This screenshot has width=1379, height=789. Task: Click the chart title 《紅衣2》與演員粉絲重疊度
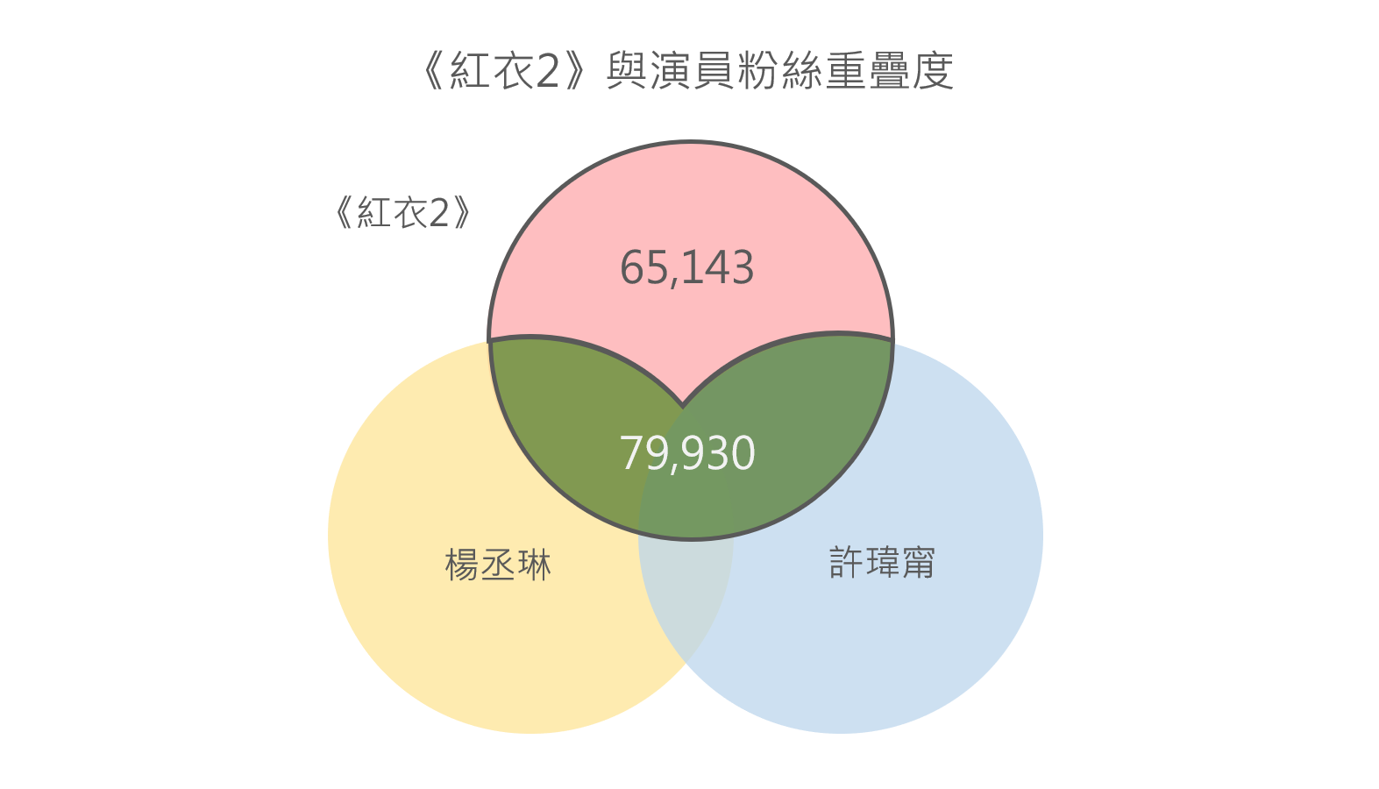click(x=688, y=71)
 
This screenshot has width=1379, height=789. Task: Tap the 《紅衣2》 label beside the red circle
click(x=403, y=213)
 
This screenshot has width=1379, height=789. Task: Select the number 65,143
click(x=686, y=267)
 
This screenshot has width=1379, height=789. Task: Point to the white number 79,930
click(x=687, y=453)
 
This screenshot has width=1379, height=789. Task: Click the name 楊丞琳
click(x=498, y=565)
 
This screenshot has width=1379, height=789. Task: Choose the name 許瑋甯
click(x=882, y=562)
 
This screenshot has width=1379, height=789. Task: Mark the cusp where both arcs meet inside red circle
click(x=683, y=406)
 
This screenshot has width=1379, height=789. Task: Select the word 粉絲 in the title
click(x=779, y=71)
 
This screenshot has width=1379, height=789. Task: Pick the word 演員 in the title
click(x=692, y=71)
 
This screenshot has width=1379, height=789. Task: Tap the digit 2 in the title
click(x=547, y=71)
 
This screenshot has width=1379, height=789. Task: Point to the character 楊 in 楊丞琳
click(x=462, y=565)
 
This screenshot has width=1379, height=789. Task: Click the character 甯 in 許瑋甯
click(x=919, y=562)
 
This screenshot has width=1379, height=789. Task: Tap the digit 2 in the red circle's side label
click(x=438, y=213)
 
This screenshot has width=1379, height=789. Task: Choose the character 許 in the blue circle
click(x=846, y=562)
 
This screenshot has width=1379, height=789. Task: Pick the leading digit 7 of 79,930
click(x=631, y=453)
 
